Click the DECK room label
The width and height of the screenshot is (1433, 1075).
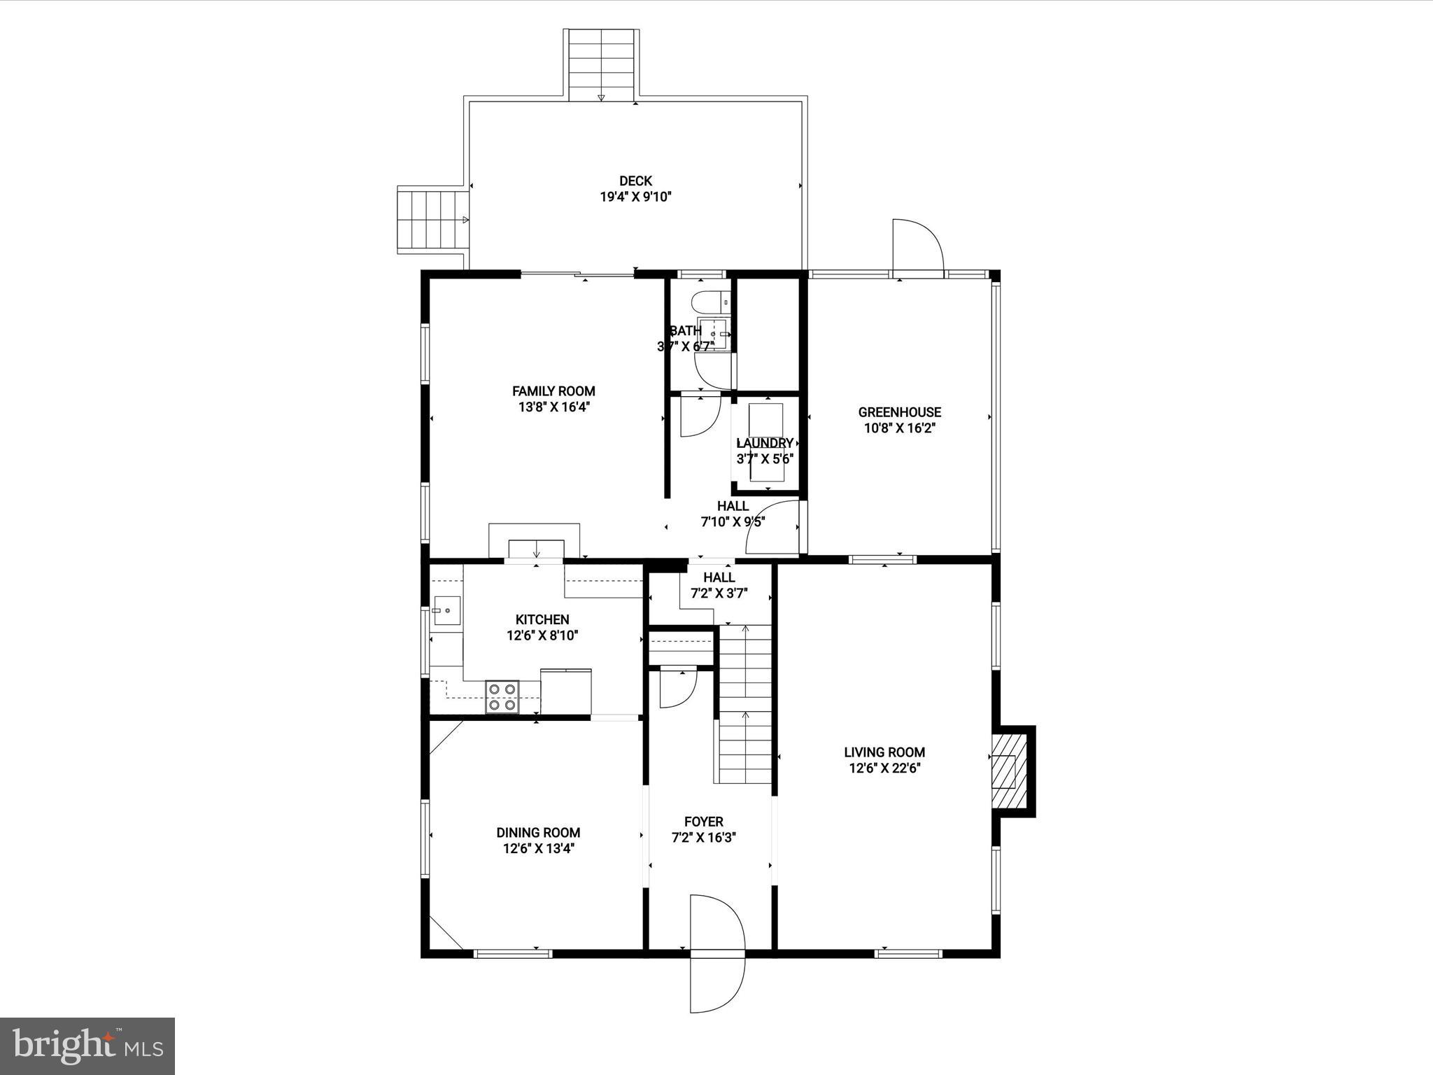(x=635, y=181)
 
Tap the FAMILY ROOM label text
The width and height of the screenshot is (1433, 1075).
(x=553, y=391)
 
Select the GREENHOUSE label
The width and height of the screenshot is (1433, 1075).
(x=899, y=412)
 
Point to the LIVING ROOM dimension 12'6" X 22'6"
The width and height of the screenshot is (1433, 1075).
(x=884, y=768)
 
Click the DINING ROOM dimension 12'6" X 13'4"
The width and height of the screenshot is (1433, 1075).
(x=538, y=848)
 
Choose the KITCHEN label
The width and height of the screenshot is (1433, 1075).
(x=542, y=619)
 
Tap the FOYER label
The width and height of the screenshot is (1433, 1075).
(x=703, y=822)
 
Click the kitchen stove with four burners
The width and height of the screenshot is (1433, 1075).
(x=502, y=697)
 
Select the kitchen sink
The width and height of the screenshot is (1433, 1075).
(x=446, y=611)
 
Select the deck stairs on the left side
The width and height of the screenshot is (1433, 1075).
(x=432, y=220)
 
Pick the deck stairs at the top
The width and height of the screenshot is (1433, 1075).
(x=601, y=64)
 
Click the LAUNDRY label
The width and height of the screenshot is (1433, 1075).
(x=765, y=443)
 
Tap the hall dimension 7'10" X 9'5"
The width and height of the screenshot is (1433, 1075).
(x=733, y=521)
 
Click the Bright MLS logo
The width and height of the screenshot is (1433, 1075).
(x=87, y=1046)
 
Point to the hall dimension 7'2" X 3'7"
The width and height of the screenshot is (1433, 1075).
(x=719, y=593)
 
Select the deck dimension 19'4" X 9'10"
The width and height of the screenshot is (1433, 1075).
(x=635, y=197)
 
